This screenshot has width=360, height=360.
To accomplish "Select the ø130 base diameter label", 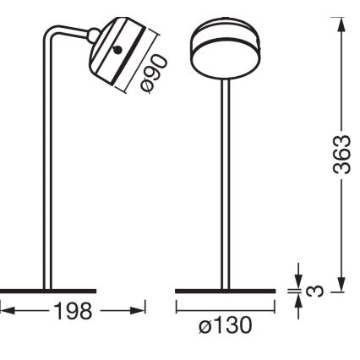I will click(225, 323).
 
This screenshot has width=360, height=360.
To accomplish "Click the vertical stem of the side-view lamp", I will click(49, 169).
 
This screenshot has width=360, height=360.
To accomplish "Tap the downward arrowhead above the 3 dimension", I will click(299, 279).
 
